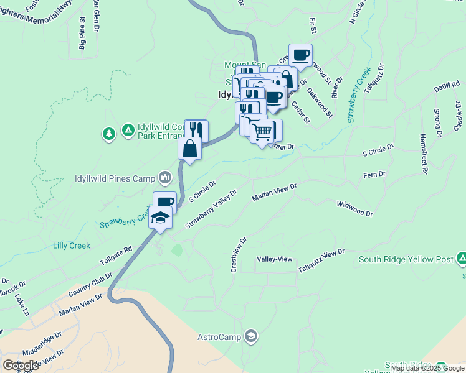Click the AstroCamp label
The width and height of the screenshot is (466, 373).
pyautogui.click(x=219, y=337)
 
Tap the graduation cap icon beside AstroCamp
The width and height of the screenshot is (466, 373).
pyautogui.click(x=250, y=337)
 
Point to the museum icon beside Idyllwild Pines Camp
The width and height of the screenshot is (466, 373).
pyautogui.click(x=164, y=178)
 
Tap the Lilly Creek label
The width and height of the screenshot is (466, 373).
pyautogui.click(x=72, y=246)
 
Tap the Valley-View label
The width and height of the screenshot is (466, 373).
pyautogui.click(x=275, y=259)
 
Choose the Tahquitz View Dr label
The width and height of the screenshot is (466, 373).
pyautogui.click(x=321, y=260)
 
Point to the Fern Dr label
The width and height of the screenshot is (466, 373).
pyautogui.click(x=374, y=175)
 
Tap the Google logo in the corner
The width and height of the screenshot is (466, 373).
pyautogui.click(x=21, y=365)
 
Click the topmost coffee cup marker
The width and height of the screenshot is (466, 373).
pyautogui.click(x=301, y=55)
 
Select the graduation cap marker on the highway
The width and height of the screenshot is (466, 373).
pyautogui.click(x=160, y=218)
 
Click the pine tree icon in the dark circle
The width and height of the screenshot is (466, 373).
pyautogui.click(x=109, y=133)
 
